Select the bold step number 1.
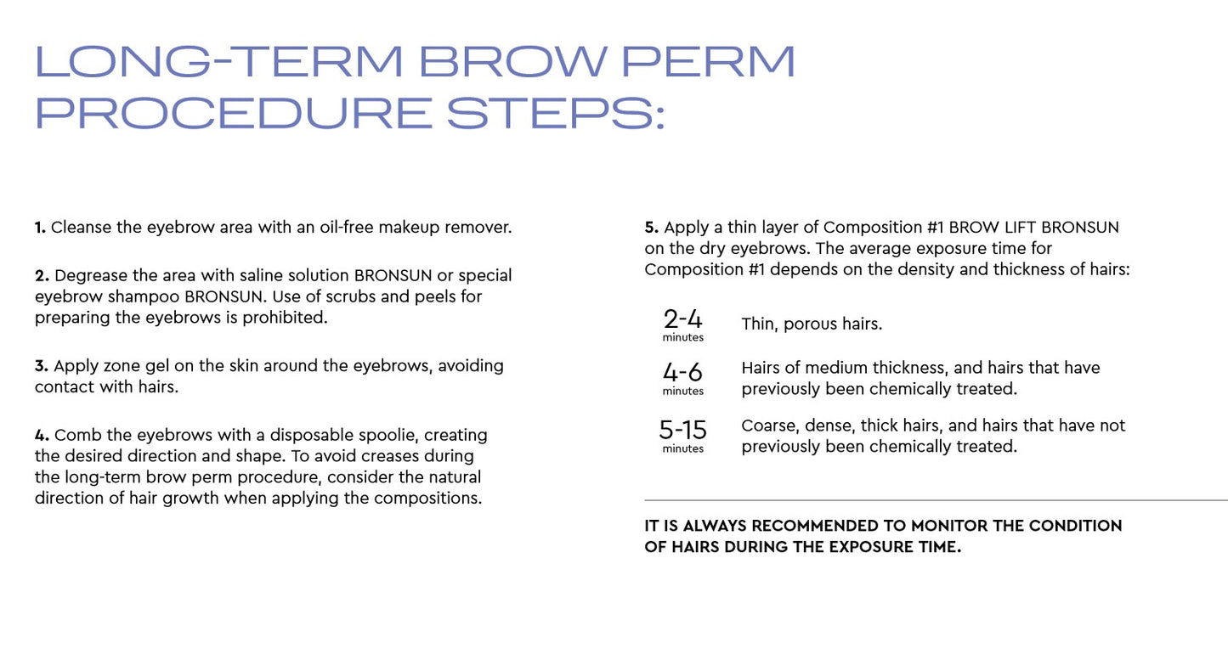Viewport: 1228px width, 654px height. tap(40, 228)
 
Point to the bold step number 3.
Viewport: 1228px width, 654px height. tap(41, 366)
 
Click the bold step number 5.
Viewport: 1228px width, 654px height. tap(652, 228)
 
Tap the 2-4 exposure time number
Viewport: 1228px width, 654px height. tap(682, 319)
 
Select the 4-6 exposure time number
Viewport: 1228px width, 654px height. tap(682, 373)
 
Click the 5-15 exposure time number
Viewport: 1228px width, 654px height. tap(682, 430)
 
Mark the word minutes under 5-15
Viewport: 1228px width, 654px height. tap(682, 448)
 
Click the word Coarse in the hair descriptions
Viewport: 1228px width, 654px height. tap(767, 426)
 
